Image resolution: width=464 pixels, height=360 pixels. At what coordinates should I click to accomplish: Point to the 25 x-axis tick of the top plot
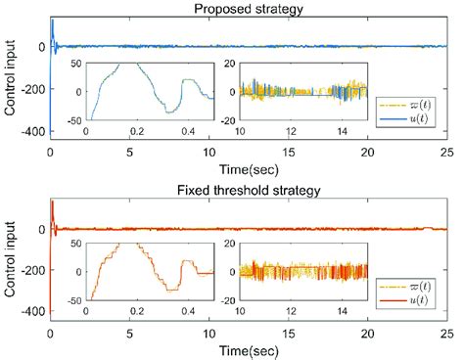coord(446,154)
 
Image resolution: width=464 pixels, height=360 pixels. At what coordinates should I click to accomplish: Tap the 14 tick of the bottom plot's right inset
coord(341,313)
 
